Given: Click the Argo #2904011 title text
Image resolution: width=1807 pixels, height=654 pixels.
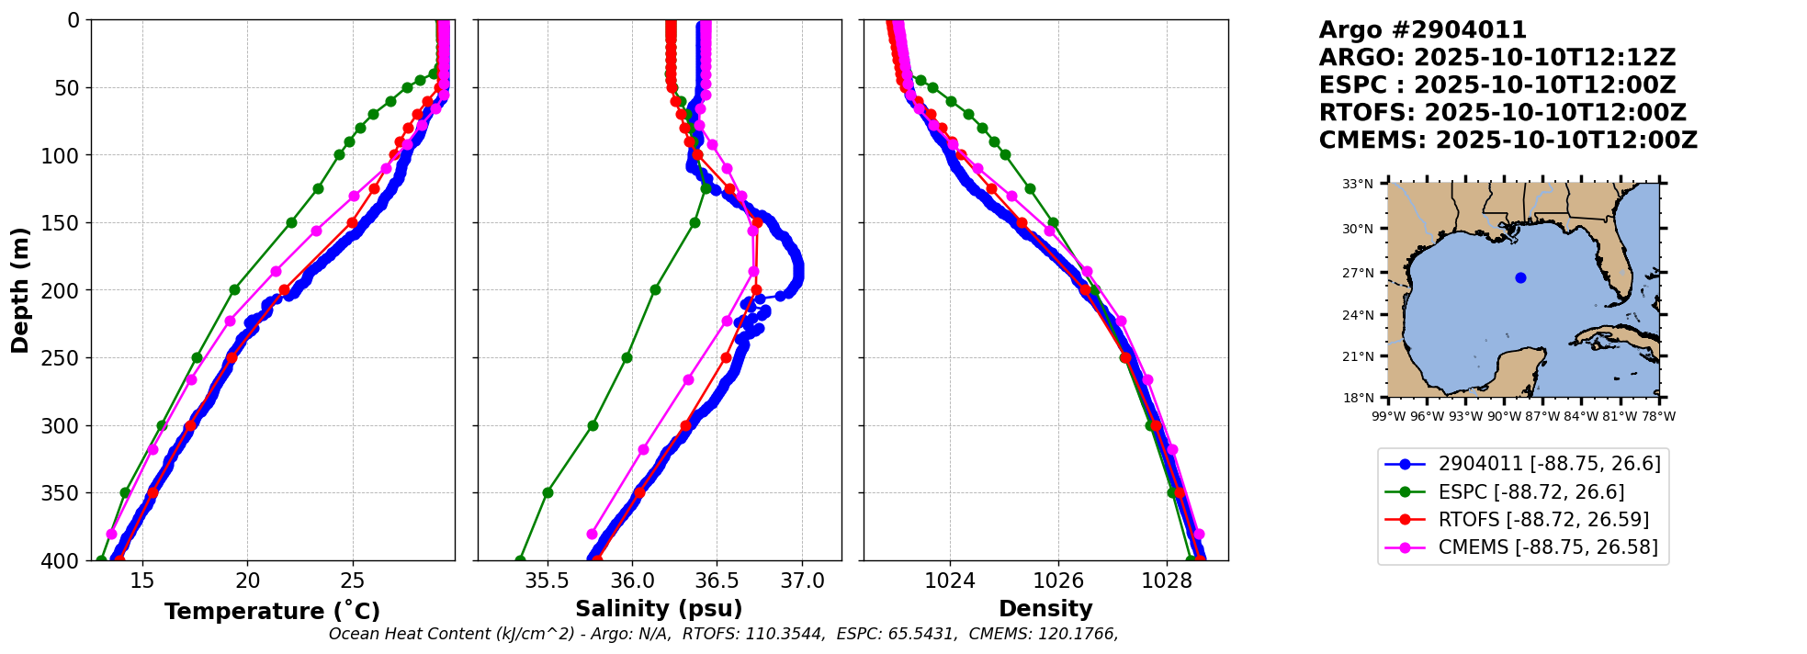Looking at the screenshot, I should pos(1422,30).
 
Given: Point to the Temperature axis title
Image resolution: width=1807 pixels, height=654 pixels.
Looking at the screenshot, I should pos(272,611).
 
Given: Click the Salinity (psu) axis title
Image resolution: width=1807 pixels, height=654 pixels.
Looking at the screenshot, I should pos(659,609).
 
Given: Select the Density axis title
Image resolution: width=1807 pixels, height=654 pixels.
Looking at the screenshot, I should pos(1045,609).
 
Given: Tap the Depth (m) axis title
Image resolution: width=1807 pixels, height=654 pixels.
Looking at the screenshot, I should pos(20,290).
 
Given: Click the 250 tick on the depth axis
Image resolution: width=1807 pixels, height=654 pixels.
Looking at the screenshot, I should pos(64,358).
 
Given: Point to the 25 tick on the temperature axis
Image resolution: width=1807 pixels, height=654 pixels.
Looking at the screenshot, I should pos(353,581).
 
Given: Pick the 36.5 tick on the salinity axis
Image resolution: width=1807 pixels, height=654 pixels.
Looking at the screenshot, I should pos(717,581).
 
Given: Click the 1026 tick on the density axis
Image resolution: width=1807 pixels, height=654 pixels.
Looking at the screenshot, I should pos(1057,581).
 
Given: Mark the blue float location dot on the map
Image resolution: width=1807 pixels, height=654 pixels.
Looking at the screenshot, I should pos(1520,277).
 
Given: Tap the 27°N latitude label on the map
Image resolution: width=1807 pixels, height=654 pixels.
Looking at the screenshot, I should pos(1358,273).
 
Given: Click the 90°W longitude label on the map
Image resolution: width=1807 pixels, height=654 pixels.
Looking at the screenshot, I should pos(1504,416).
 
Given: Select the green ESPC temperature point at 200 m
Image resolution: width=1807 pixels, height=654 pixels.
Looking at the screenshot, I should pos(234,289).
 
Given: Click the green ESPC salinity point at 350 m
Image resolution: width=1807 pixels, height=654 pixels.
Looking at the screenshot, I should pos(548,492).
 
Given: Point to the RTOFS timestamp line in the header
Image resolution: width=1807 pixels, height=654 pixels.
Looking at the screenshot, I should pos(1502,113).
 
